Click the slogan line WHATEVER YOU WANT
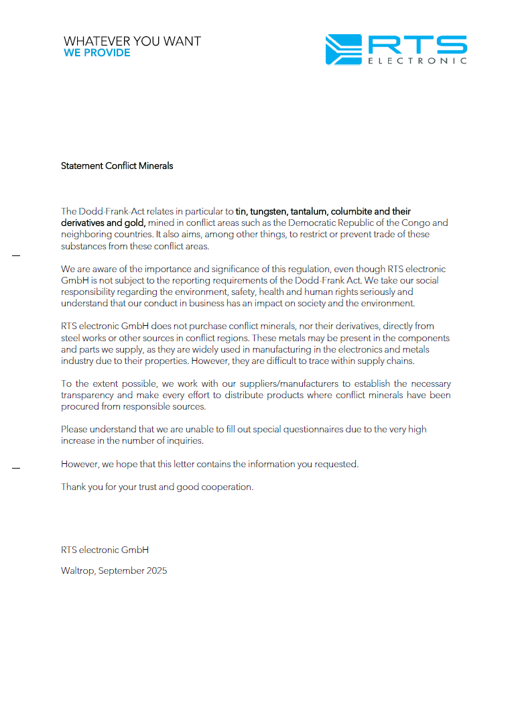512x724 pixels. pyautogui.click(x=132, y=41)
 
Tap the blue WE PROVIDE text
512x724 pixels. pyautogui.click(x=97, y=53)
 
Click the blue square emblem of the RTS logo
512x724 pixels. pyautogui.click(x=343, y=50)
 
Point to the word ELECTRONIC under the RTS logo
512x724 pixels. pyautogui.click(x=417, y=61)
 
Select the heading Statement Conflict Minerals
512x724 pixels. pyautogui.click(x=117, y=166)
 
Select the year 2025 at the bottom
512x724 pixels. pyautogui.click(x=156, y=570)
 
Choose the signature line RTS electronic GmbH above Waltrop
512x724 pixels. pyautogui.click(x=105, y=550)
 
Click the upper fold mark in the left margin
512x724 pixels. pyautogui.click(x=16, y=256)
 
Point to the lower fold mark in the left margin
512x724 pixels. pyautogui.click(x=16, y=468)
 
